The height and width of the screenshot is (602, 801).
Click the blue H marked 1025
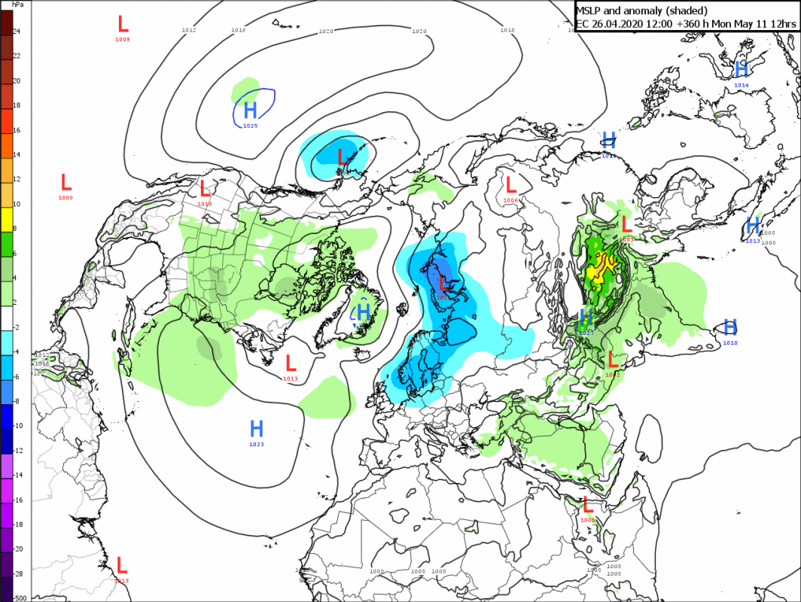(250, 111)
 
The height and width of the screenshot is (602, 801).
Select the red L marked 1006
(510, 185)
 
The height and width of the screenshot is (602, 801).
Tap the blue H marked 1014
(742, 70)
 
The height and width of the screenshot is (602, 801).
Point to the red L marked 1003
(625, 223)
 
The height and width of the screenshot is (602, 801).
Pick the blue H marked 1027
(587, 317)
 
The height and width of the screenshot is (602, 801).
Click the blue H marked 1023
(256, 430)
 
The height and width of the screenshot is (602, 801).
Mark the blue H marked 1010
(729, 327)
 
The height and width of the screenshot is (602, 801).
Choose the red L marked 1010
(203, 189)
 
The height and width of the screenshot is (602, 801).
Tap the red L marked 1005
(588, 505)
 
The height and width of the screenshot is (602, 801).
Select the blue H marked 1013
(752, 226)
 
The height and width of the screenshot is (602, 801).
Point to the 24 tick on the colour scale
(16, 31)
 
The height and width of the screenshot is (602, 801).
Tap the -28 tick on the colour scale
(17, 574)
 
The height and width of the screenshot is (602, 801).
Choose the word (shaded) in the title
(687, 11)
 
